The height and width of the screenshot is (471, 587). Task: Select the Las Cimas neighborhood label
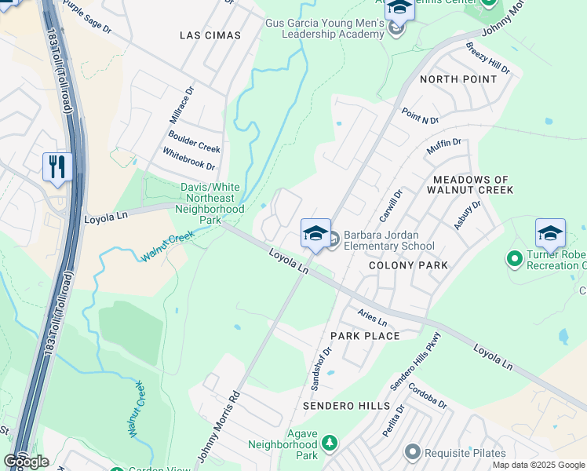pyautogui.click(x=210, y=35)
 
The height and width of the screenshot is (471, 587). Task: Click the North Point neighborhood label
pyautogui.click(x=458, y=79)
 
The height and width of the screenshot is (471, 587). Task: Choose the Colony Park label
pyautogui.click(x=409, y=265)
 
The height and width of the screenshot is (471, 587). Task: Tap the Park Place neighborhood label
pyautogui.click(x=365, y=336)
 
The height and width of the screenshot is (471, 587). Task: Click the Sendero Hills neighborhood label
pyautogui.click(x=346, y=406)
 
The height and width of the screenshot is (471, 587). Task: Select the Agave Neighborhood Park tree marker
pyautogui.click(x=330, y=443)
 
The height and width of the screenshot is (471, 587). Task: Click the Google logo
pyautogui.click(x=26, y=462)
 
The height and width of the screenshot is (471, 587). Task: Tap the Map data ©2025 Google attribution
pyautogui.click(x=538, y=465)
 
